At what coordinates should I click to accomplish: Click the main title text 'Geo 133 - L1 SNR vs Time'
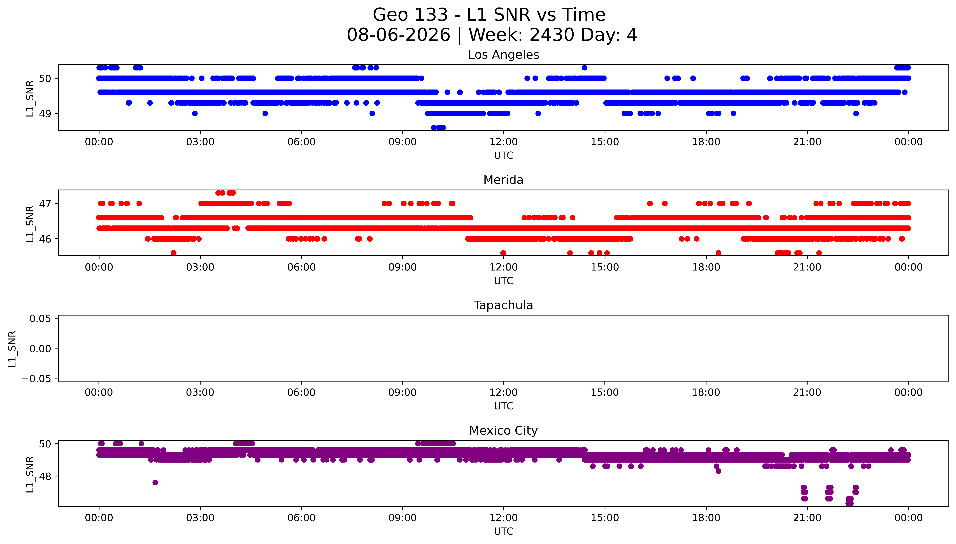pyautogui.click(x=489, y=15)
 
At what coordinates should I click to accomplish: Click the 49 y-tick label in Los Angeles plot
pyautogui.click(x=45, y=114)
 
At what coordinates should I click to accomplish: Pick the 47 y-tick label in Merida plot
pyautogui.click(x=45, y=204)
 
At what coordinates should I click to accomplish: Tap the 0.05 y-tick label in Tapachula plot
pyautogui.click(x=40, y=319)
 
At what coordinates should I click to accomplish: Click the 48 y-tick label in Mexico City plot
pyautogui.click(x=45, y=476)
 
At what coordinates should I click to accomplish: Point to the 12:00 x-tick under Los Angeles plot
pyautogui.click(x=504, y=142)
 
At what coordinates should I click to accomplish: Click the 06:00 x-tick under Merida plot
pyautogui.click(x=301, y=267)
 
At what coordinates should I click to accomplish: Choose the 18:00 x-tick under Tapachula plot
pyautogui.click(x=706, y=392)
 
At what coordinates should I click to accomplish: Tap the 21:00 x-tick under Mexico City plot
pyautogui.click(x=807, y=518)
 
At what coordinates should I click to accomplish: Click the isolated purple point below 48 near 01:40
pyautogui.click(x=155, y=482)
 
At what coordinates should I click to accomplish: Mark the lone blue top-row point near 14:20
pyautogui.click(x=584, y=68)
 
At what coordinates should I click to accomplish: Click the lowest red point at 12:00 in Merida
pyautogui.click(x=503, y=253)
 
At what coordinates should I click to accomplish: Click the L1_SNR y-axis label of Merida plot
pyautogui.click(x=30, y=223)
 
